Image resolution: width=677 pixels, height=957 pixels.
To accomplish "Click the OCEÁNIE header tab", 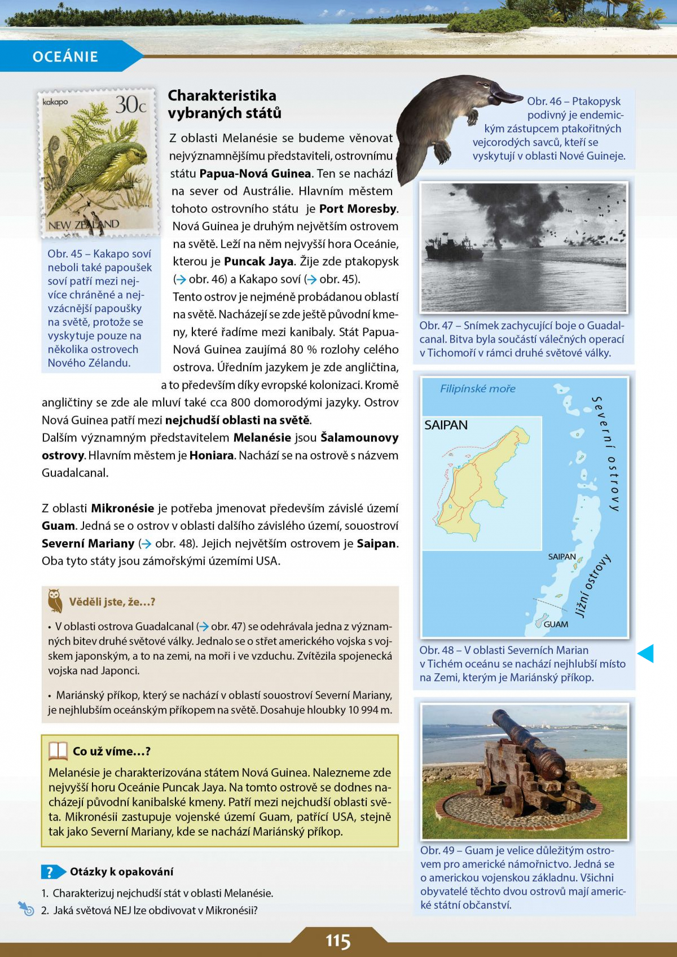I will [x=65, y=56].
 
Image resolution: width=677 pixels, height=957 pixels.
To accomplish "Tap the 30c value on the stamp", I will [x=131, y=105].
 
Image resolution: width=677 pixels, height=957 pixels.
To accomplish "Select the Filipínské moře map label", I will [x=477, y=389].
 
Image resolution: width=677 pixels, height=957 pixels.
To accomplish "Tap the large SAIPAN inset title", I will [x=446, y=425].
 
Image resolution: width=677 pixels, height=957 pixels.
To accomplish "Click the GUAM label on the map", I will [x=556, y=625].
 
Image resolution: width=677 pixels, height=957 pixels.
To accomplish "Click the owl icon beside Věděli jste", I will [x=55, y=601].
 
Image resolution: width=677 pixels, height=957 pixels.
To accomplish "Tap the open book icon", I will [x=58, y=751].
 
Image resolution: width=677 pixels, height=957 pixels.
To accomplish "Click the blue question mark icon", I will [x=50, y=872].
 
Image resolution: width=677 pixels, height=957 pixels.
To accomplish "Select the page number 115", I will [x=338, y=941].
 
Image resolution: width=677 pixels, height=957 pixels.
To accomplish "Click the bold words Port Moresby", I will [x=358, y=209].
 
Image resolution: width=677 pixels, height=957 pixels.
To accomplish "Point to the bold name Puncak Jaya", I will [x=259, y=262].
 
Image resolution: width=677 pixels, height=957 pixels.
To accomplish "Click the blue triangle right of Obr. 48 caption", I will [x=646, y=653].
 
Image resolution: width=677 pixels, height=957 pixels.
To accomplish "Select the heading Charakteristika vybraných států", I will [x=225, y=104].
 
